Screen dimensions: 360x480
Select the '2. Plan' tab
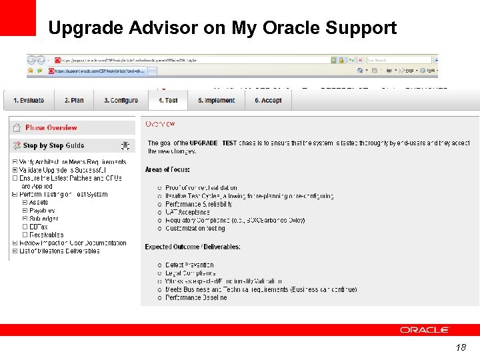(x=74, y=101)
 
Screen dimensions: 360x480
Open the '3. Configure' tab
(x=121, y=101)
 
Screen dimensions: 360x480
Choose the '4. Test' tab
(x=168, y=101)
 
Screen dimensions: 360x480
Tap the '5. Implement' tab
(x=216, y=101)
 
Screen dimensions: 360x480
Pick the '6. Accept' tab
(x=268, y=101)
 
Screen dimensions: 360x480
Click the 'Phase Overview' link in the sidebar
(x=51, y=128)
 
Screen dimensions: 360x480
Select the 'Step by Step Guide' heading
(x=53, y=145)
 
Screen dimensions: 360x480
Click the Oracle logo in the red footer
(x=425, y=330)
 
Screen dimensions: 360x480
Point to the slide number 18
(x=461, y=348)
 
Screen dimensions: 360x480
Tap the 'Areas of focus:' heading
(x=167, y=170)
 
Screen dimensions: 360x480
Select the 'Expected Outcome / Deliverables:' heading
(x=193, y=247)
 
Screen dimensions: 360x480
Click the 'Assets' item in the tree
(x=39, y=203)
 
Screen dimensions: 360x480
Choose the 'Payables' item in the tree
(x=42, y=211)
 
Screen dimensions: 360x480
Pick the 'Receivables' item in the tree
(x=46, y=235)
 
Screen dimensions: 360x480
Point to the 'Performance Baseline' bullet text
(x=196, y=297)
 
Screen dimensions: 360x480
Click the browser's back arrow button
(x=32, y=60)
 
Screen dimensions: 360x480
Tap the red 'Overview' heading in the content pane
(x=160, y=124)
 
